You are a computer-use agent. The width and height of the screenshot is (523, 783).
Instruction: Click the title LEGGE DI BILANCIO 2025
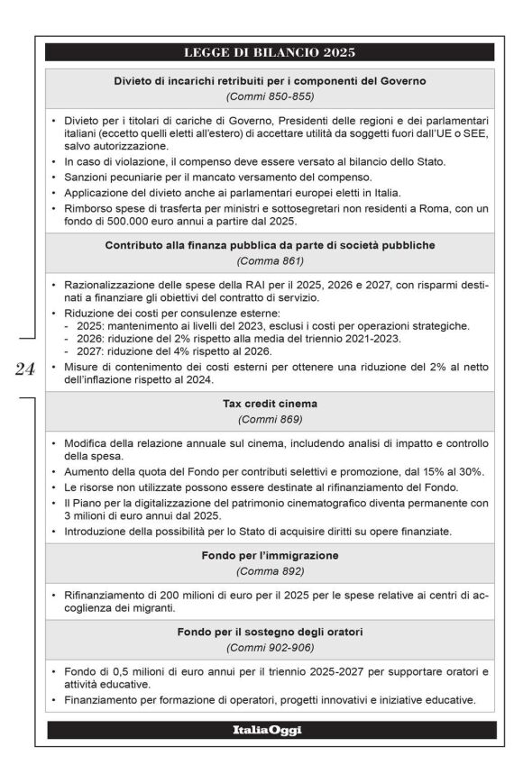270,51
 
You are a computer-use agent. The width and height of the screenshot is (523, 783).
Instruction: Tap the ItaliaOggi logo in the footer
270,730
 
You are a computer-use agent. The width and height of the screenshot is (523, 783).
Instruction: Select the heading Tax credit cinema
270,404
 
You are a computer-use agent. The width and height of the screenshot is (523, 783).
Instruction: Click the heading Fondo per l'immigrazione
270,556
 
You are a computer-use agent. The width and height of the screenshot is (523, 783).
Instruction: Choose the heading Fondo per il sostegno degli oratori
270,633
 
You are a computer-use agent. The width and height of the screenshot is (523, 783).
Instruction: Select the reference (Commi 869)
270,420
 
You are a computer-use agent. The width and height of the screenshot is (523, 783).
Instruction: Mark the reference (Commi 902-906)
270,649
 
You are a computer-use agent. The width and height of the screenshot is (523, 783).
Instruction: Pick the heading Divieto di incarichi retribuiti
270,80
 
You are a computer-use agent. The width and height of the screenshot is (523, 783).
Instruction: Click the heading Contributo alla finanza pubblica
270,245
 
